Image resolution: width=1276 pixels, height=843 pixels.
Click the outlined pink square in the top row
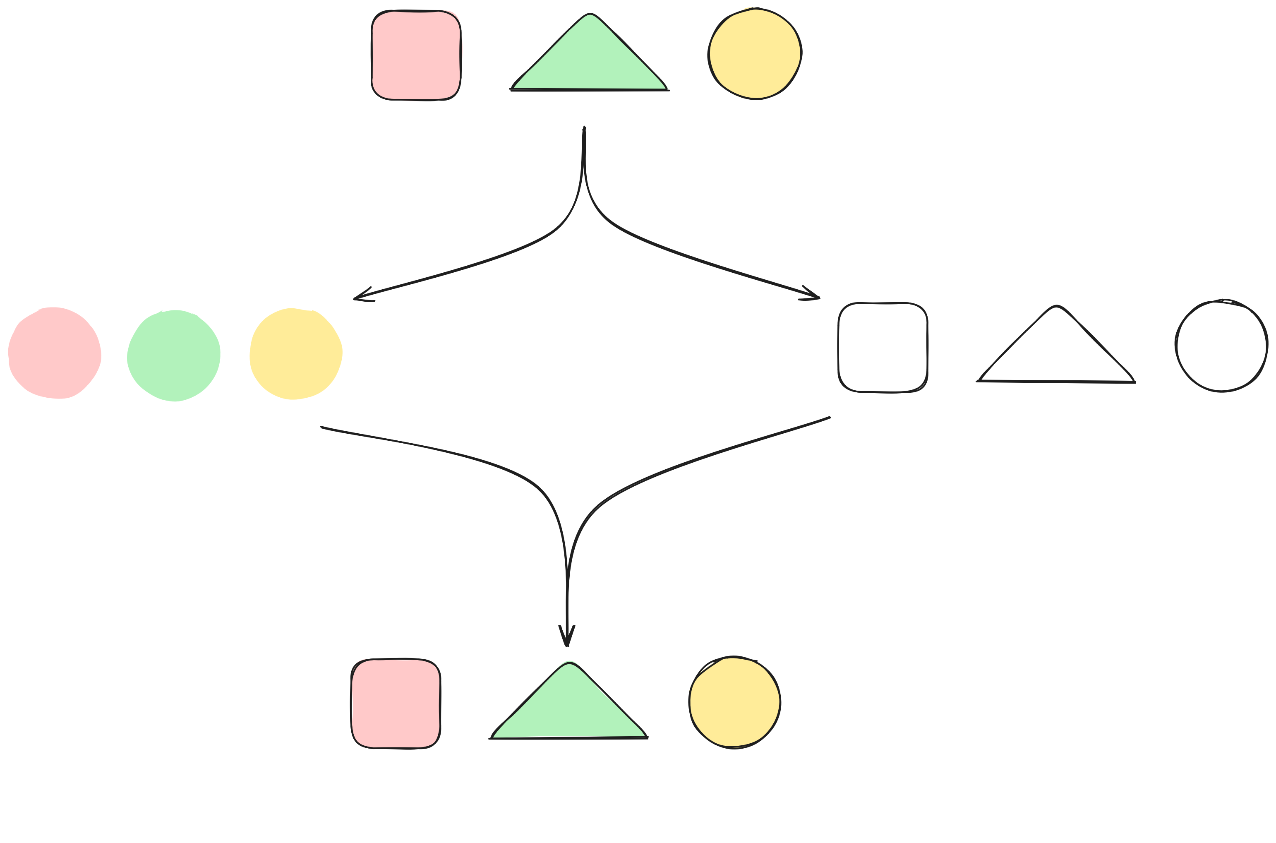416,55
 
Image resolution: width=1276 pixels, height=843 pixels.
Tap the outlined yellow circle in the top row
755,54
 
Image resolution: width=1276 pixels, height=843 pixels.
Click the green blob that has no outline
174,355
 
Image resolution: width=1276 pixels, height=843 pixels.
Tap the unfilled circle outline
1221,345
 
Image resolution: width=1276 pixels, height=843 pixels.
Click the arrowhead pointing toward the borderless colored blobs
355,299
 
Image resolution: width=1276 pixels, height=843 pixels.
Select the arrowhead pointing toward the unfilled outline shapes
818,297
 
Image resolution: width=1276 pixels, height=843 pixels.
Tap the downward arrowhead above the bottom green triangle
566,644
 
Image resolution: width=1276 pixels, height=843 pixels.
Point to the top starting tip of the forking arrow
584,128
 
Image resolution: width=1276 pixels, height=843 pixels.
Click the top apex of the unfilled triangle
1057,306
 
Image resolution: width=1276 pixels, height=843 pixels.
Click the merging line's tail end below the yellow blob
321,427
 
